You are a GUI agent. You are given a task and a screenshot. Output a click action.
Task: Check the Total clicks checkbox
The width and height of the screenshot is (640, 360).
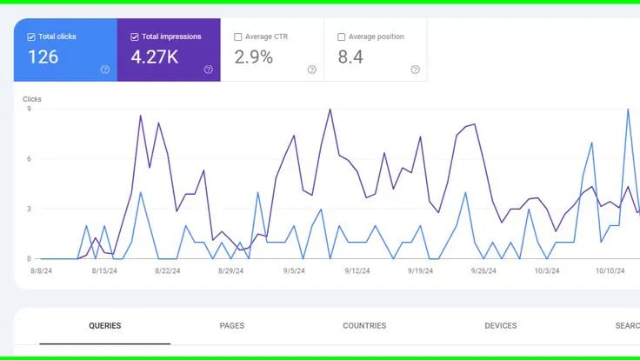pos(31,37)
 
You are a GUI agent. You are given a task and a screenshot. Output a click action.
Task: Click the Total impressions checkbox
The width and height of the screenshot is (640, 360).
pos(135,37)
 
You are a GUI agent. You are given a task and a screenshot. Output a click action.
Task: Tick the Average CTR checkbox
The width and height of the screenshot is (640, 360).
pos(238,37)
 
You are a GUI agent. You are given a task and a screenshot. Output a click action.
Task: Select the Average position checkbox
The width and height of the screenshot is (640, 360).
pos(341,37)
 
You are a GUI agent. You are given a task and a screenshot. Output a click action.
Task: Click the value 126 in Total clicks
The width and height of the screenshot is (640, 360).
pos(43,57)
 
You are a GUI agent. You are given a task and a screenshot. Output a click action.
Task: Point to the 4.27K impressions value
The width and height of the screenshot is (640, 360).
pos(154,57)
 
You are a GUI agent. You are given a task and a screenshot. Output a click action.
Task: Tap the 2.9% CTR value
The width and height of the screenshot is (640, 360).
pos(254,57)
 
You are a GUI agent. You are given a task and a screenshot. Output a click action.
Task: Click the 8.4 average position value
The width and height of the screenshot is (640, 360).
pos(350,57)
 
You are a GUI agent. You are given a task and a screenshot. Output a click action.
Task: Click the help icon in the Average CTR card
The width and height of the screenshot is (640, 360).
pos(311,70)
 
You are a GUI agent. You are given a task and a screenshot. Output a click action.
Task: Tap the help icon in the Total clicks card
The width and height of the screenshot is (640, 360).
pos(105,70)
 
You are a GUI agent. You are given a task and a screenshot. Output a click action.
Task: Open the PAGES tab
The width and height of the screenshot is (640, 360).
pos(232,326)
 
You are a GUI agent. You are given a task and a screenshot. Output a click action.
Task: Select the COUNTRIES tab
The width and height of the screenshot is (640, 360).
pos(364,326)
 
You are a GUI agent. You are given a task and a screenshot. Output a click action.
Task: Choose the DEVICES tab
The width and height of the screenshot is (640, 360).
pos(501,326)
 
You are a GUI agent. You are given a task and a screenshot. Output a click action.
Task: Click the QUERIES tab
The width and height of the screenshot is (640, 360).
pos(105,326)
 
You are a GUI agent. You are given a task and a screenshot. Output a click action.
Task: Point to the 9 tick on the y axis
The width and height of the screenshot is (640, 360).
pos(29,109)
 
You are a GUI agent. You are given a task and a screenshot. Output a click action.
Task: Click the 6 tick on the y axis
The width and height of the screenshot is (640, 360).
pos(29,158)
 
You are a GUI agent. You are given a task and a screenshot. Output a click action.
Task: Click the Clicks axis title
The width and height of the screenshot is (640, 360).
pos(32,99)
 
